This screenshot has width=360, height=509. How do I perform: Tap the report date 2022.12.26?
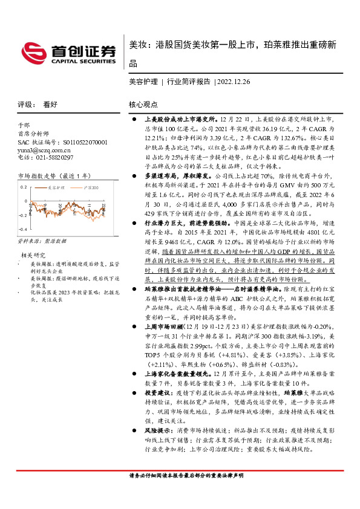[x=234, y=80]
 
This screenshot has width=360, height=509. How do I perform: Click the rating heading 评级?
[x=25, y=104]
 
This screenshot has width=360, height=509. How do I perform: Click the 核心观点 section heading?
[x=144, y=104]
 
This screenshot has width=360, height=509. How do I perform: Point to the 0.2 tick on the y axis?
[x=24, y=187]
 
